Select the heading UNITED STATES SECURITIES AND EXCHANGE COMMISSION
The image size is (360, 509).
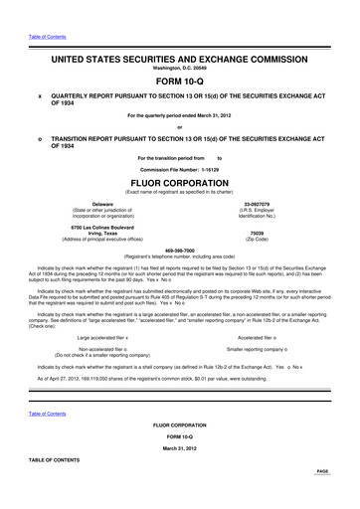pos(179,61)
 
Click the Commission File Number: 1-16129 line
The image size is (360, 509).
pos(179,170)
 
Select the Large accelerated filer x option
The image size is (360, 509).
pos(110,337)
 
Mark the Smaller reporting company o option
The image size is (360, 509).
pos(262,349)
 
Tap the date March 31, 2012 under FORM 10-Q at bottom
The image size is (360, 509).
pos(179,448)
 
